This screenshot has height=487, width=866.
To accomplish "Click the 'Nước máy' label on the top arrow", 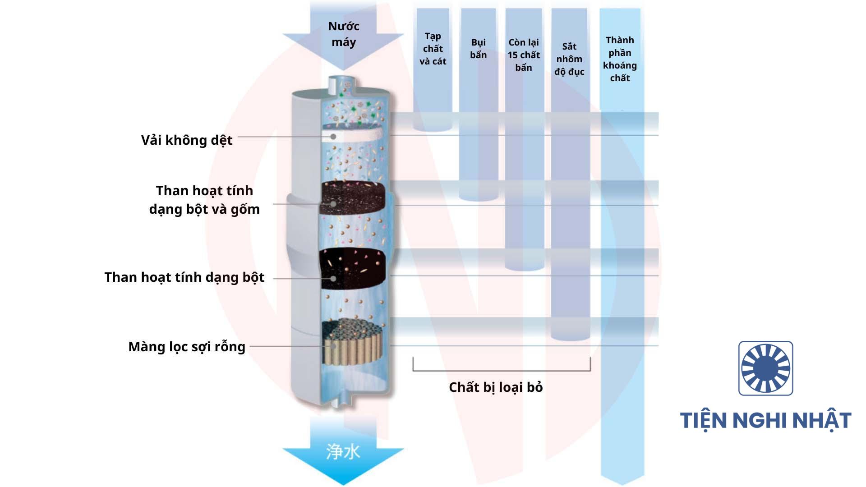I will coord(343,34).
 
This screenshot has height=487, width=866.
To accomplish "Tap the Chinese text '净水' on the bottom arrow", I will coord(343,451).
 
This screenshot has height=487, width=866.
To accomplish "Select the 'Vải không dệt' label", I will coord(187,140).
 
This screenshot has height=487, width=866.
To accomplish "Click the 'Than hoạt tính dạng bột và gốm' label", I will coord(204,200).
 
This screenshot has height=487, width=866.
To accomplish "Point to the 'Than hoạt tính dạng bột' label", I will coord(184,277).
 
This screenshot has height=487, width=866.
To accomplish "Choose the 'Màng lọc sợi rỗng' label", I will coord(187,347).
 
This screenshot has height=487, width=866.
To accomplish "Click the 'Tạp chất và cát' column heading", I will coord(433,49).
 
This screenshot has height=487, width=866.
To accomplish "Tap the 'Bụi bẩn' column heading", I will coord(478,49).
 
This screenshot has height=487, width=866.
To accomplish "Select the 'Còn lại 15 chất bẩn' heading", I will coord(524,55).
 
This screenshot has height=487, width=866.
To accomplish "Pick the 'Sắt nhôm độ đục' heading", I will coord(569,59).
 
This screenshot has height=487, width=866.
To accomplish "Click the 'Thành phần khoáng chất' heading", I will coord(620,59).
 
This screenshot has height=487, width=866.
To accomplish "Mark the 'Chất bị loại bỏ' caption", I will coord(496,387).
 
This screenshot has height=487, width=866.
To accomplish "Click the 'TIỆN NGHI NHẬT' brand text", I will coord(765,420).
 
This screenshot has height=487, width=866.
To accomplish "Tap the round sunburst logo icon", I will coord(765,368).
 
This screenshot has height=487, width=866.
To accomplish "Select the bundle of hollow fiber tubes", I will coord(354,343).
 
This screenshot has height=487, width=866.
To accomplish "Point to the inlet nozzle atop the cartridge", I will coord(342,84).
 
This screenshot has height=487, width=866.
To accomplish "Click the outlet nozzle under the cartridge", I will coord(341,400).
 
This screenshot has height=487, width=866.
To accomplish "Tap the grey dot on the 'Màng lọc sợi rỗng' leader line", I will coord(333,346).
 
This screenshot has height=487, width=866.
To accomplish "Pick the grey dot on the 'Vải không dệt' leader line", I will coord(333,136).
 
